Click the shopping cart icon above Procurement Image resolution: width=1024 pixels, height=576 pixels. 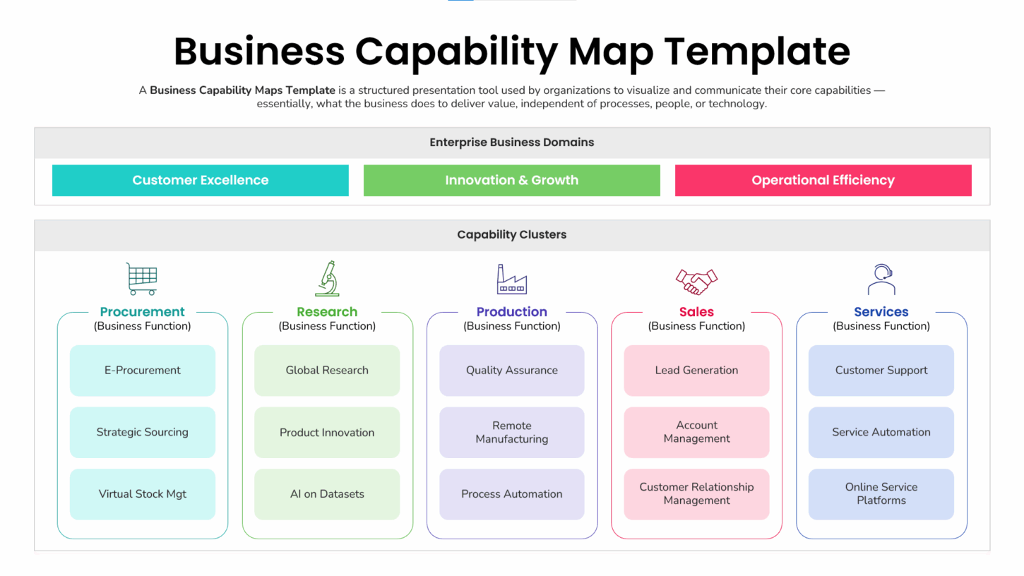coord(141,279)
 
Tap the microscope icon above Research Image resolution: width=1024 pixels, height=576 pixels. coord(327,279)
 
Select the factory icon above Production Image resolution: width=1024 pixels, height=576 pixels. coord(512,280)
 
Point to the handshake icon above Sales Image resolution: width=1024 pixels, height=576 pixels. coord(696,281)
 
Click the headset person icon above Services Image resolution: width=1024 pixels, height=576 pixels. coord(881,280)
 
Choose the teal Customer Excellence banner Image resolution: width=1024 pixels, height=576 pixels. coord(201,180)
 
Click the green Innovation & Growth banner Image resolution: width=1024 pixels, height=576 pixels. coord(512,180)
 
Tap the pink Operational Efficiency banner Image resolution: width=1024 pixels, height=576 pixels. coord(823,180)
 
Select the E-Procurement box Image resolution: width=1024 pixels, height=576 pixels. coord(143,371)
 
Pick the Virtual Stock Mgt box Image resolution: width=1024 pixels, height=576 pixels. coord(143,494)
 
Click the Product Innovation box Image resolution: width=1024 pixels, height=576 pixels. coord(327,433)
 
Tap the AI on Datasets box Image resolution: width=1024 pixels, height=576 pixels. coord(327,494)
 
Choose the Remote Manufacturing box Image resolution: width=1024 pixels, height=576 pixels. coord(512,432)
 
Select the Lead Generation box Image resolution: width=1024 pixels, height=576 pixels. coord(696,371)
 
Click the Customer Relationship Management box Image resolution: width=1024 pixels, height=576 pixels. coord(696,494)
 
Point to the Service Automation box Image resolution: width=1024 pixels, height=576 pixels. coord(881,432)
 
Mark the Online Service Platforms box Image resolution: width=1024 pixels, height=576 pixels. coord(881,494)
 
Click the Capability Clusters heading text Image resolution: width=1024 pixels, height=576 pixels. coord(512,234)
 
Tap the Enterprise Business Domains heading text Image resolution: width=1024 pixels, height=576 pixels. coord(512,142)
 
